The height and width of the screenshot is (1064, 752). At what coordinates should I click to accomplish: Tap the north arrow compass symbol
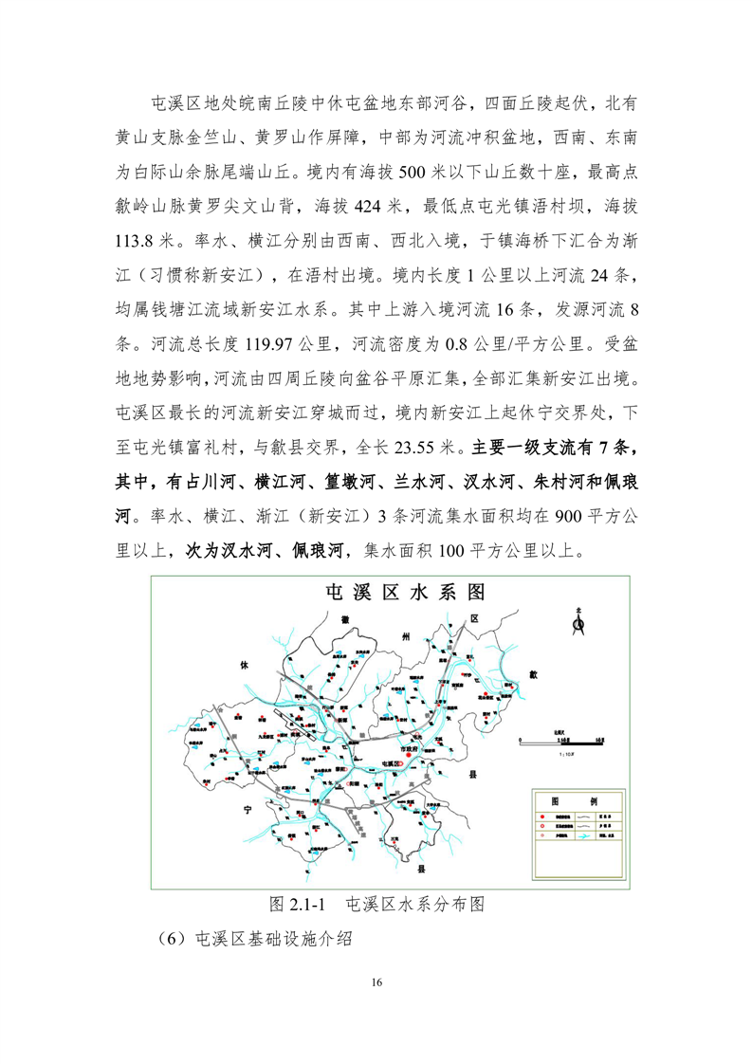tap(579, 622)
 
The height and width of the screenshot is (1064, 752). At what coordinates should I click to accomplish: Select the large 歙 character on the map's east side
tap(533, 675)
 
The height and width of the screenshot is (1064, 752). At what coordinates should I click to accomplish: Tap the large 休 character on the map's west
tap(243, 665)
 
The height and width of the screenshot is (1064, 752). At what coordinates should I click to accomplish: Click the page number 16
tap(376, 981)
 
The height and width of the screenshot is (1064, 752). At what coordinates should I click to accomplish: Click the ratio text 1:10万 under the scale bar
tap(570, 752)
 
